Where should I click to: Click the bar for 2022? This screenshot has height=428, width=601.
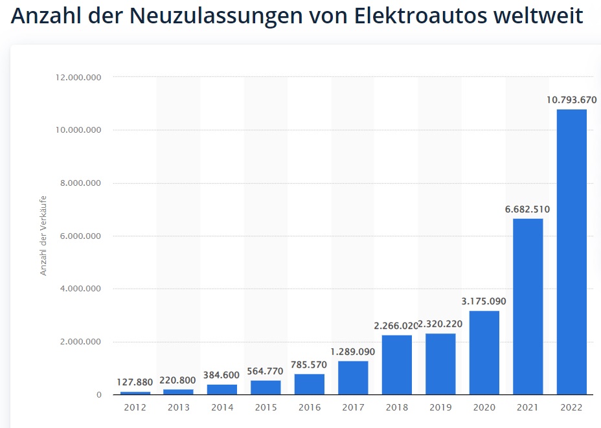[x=571, y=252]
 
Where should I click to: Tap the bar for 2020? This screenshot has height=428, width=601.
[x=484, y=353]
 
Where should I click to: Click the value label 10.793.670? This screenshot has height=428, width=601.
[x=571, y=100]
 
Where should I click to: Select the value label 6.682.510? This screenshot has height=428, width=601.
[x=528, y=209]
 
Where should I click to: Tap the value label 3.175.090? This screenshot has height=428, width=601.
[x=484, y=301]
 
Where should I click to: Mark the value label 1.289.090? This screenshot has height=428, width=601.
[x=353, y=352]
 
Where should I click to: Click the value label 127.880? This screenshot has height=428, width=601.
[x=135, y=382]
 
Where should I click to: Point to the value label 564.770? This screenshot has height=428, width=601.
[x=266, y=371]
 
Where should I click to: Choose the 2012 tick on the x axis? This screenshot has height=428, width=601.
[x=135, y=407]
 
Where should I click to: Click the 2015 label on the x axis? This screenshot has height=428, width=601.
[x=266, y=407]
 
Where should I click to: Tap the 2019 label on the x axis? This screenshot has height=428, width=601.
[x=440, y=407]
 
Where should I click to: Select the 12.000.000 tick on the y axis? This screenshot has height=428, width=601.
[x=79, y=77]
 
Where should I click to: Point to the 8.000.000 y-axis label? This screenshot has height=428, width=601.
[x=81, y=183]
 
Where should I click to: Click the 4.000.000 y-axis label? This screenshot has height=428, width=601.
[x=81, y=289]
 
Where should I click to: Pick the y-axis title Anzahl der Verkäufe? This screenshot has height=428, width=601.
[x=44, y=236]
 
